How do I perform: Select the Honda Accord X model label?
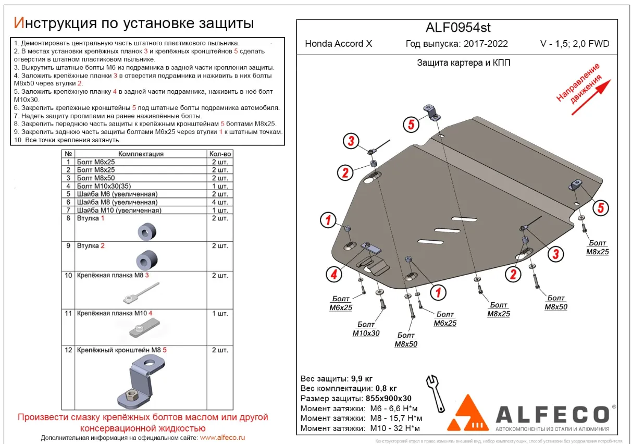click(339, 44)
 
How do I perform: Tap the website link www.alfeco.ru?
click(222, 438)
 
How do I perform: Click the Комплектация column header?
click(141, 154)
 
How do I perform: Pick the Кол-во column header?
click(220, 154)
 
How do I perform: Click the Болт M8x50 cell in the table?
click(96, 178)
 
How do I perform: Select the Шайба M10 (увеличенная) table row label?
click(119, 210)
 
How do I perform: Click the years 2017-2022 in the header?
click(483, 44)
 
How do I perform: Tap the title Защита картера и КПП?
click(456, 63)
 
